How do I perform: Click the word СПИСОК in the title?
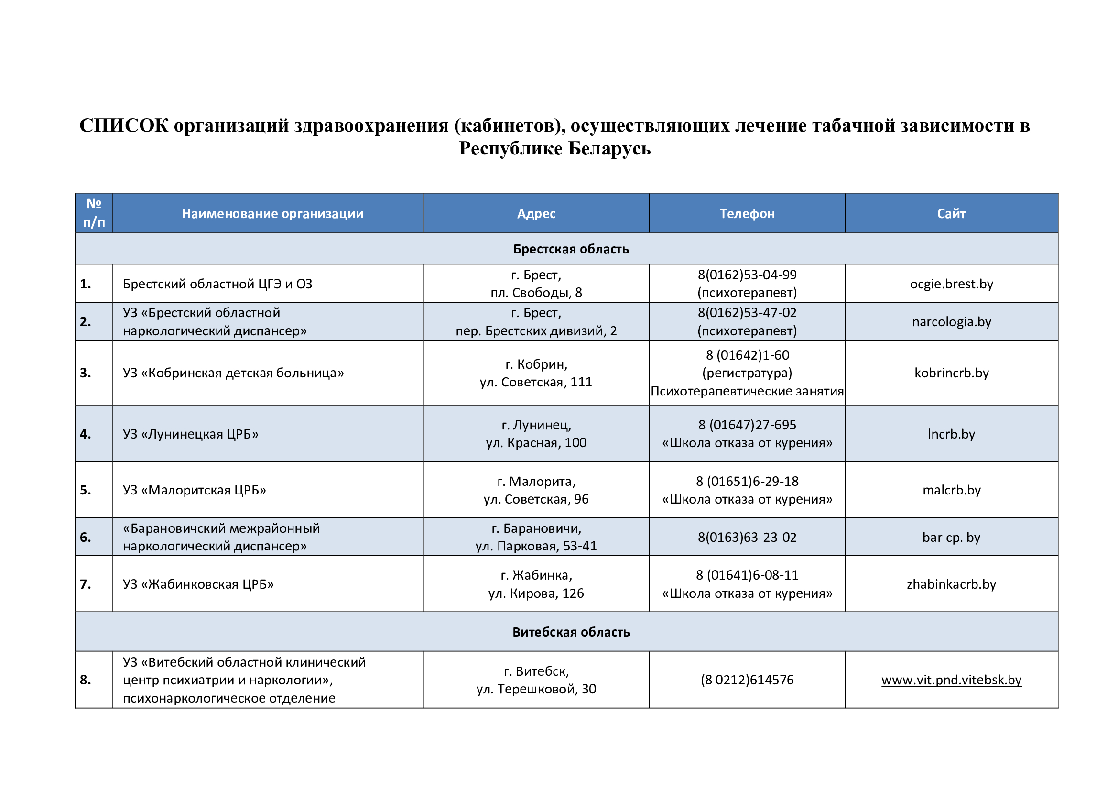(x=124, y=126)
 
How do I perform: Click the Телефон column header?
(x=747, y=214)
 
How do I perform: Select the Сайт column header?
(x=951, y=214)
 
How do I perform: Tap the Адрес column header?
(x=536, y=214)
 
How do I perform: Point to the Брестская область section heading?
(x=571, y=249)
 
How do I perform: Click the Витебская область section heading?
(x=571, y=632)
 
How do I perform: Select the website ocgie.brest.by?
(x=951, y=284)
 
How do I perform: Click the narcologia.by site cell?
(x=951, y=322)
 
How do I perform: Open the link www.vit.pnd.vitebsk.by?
(x=951, y=680)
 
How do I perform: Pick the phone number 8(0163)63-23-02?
(x=747, y=537)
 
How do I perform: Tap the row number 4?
(x=86, y=434)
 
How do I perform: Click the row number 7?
(x=86, y=584)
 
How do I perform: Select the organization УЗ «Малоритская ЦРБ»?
(x=194, y=490)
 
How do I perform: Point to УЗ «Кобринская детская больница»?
(x=233, y=373)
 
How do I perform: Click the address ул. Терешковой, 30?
(x=536, y=689)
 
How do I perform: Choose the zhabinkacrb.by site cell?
(x=951, y=584)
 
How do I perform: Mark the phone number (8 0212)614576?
(x=747, y=680)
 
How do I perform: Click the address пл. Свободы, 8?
(x=536, y=293)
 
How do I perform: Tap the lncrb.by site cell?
(x=951, y=434)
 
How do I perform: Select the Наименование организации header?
(x=272, y=214)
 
